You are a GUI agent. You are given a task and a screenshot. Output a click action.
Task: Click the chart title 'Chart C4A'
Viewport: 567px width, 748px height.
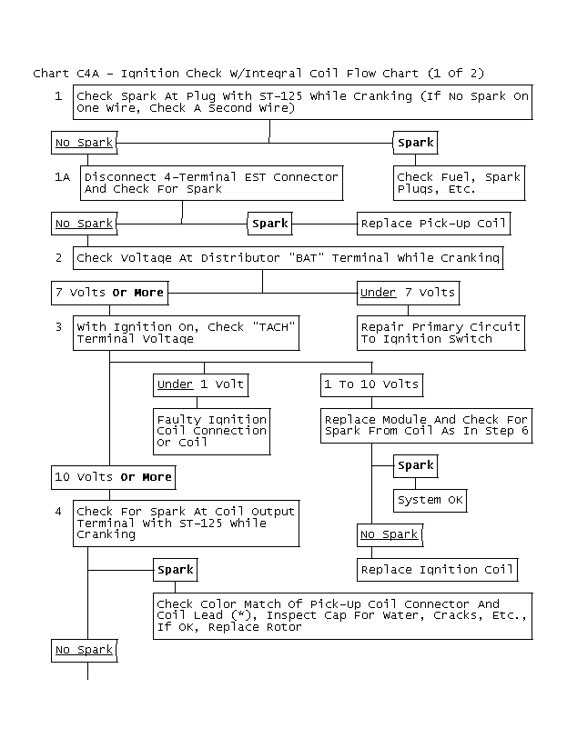(66, 74)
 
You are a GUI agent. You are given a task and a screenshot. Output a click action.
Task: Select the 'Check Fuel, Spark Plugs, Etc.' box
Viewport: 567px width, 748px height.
(459, 184)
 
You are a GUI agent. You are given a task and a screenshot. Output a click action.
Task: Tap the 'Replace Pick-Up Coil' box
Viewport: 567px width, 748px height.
(434, 224)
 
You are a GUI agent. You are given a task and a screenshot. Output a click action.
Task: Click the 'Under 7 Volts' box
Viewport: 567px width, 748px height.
(409, 293)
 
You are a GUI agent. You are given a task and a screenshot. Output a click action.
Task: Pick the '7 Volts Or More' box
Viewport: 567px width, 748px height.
(110, 293)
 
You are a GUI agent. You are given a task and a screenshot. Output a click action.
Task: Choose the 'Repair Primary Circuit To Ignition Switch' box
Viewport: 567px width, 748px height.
(440, 333)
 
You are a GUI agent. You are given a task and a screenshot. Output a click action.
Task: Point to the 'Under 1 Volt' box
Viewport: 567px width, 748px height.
(201, 385)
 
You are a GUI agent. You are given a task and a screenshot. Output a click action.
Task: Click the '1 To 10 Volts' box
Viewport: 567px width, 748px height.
(371, 385)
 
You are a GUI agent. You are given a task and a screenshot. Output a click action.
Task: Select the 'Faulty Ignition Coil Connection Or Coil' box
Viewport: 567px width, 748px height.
(212, 431)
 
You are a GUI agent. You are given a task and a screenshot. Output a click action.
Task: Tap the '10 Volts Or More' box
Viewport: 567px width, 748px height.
(113, 477)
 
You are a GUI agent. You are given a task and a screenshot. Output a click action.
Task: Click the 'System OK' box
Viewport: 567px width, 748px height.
(430, 501)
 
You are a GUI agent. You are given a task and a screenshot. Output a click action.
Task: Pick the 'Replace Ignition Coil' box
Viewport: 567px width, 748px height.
(437, 570)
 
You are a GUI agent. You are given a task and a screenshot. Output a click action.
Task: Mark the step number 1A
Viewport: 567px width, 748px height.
(62, 177)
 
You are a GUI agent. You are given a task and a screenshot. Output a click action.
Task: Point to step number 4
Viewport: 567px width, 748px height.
(58, 512)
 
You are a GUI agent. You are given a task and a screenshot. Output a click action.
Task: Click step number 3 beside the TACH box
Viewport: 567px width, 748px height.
(58, 327)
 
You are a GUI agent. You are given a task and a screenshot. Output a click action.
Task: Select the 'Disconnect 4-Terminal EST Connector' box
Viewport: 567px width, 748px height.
(212, 184)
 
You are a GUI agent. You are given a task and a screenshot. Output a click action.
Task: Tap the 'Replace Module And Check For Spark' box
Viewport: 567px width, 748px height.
(427, 426)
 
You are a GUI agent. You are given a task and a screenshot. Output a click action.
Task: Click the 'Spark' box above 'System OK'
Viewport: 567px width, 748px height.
(416, 466)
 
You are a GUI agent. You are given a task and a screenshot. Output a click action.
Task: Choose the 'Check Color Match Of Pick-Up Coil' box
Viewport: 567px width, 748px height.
(342, 616)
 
